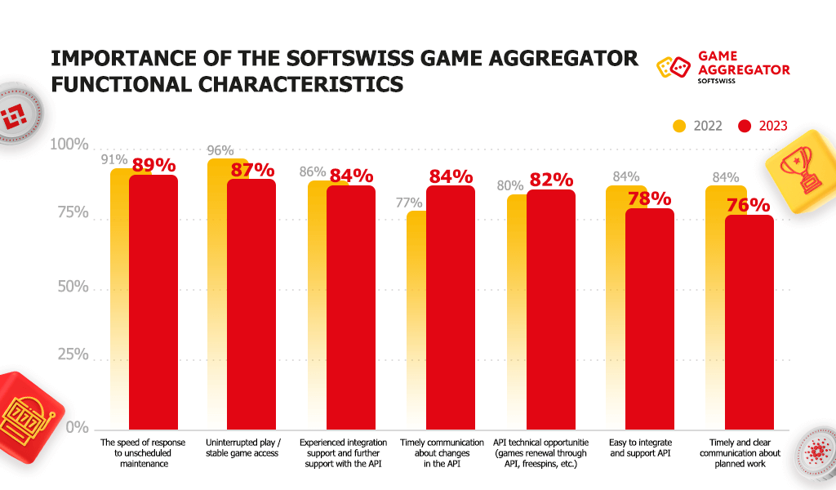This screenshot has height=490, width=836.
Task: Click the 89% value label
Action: pos(154,165)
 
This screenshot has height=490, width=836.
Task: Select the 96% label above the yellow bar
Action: pos(216,151)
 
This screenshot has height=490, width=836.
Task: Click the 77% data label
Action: pos(409,203)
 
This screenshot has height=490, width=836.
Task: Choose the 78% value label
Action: pos(650,198)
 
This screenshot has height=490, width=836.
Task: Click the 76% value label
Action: pos(749,205)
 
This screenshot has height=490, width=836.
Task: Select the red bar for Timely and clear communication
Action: pos(749,322)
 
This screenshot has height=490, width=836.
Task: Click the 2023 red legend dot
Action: pos(744,126)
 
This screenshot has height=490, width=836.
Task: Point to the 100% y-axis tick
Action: pos(69,145)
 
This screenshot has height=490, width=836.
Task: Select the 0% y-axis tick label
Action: pos(78,427)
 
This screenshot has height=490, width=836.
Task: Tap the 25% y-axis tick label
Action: pos(73,355)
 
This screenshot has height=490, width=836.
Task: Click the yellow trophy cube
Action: pos(801,167)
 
